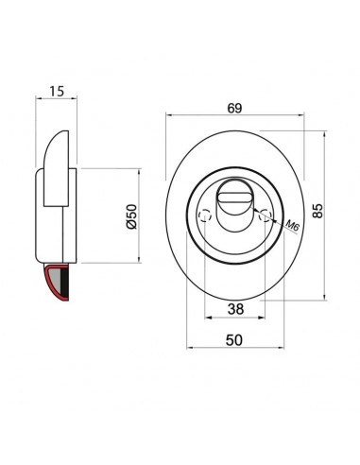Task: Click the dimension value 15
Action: tap(57, 91)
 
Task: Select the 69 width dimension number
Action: tap(234, 109)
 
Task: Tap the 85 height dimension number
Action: tap(317, 211)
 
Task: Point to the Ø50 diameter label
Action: tap(131, 216)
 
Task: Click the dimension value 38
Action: tap(235, 309)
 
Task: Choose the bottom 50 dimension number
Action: tap(234, 340)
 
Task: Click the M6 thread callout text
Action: tap(292, 226)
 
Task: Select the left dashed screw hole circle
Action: tap(205, 216)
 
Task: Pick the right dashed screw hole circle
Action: tap(266, 216)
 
